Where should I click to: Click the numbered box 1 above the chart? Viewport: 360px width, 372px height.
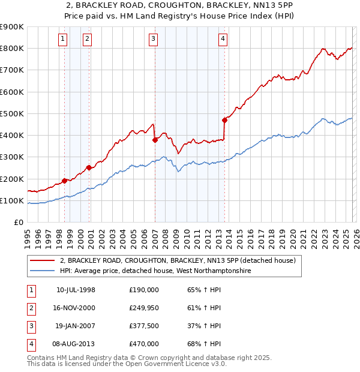63,40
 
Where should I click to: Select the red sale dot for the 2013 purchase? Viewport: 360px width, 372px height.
224,120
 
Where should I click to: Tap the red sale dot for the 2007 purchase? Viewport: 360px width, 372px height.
155,140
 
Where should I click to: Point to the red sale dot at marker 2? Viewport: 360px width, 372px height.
89,168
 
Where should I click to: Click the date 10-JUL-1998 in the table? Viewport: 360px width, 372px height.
76,290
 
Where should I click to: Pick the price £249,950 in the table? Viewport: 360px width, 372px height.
144,308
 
